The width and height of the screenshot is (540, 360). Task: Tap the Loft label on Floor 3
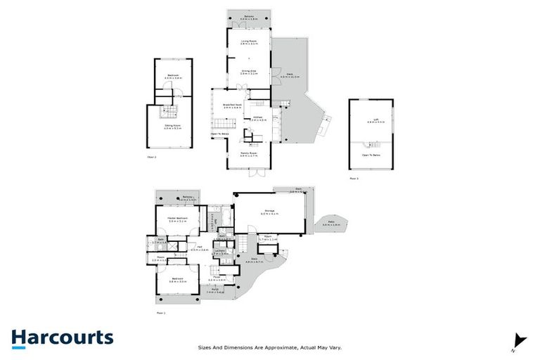click(371, 120)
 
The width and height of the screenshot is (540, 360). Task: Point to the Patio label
click(330, 222)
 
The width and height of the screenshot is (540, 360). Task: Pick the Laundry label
click(219, 251)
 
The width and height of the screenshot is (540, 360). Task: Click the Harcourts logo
click(62, 338)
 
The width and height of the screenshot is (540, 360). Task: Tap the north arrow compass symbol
click(519, 339)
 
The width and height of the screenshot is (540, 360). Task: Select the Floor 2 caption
click(152, 156)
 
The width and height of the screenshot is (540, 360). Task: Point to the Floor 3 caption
click(354, 179)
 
